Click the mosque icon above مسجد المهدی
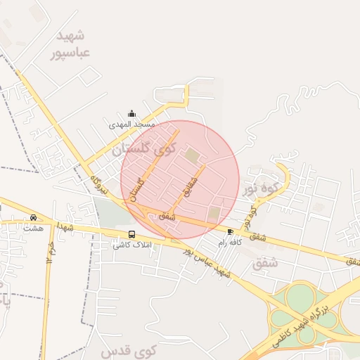pyautogui.click(x=131, y=114)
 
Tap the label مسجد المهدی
pyautogui.click(x=131, y=124)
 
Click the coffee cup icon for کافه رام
pyautogui.click(x=230, y=231)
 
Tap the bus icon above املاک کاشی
pyautogui.click(x=131, y=234)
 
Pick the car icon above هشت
pyautogui.click(x=33, y=217)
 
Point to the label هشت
pyautogui.click(x=33, y=227)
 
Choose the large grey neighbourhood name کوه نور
pyautogui.click(x=261, y=188)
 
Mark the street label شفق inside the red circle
pyautogui.click(x=167, y=217)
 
